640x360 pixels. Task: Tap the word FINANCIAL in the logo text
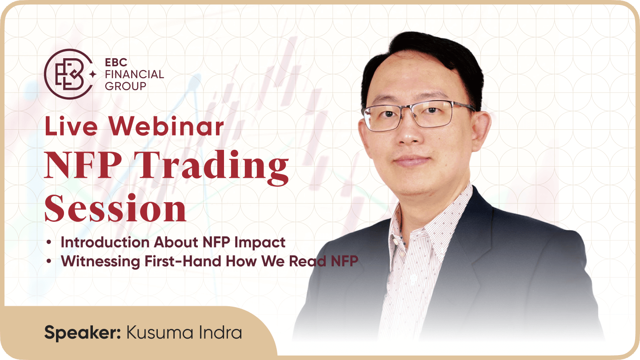tap(134, 74)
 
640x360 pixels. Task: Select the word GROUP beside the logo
tap(125, 86)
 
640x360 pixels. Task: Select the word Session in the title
tap(116, 208)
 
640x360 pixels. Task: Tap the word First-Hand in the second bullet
tap(183, 261)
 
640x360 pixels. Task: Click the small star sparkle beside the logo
tap(92, 75)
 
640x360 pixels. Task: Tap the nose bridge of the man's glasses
tap(412, 110)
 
